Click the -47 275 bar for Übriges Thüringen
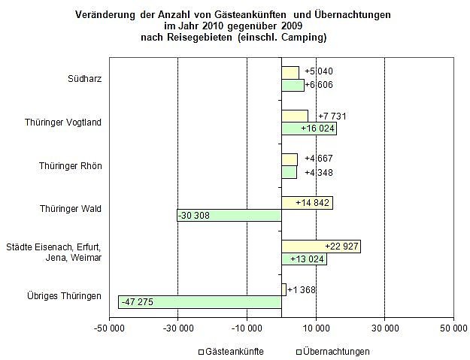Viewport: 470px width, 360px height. pos(199,302)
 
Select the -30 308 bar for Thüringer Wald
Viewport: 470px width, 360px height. pos(229,216)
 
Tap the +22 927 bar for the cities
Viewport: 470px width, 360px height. pos(320,247)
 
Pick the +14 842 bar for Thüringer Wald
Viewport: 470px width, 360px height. pos(307,203)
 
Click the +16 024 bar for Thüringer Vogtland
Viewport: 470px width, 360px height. pos(308,129)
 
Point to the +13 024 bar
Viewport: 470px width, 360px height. pos(304,259)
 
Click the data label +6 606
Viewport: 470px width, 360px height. pos(319,85)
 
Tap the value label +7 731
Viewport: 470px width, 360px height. pos(332,116)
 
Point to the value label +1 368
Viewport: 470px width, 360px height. pos(301,289)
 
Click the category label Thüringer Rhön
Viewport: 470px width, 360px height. pos(70,165)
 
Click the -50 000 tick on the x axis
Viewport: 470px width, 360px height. pos(108,328)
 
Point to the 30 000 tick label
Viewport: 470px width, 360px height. pos(384,328)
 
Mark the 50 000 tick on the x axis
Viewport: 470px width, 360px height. pos(453,328)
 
